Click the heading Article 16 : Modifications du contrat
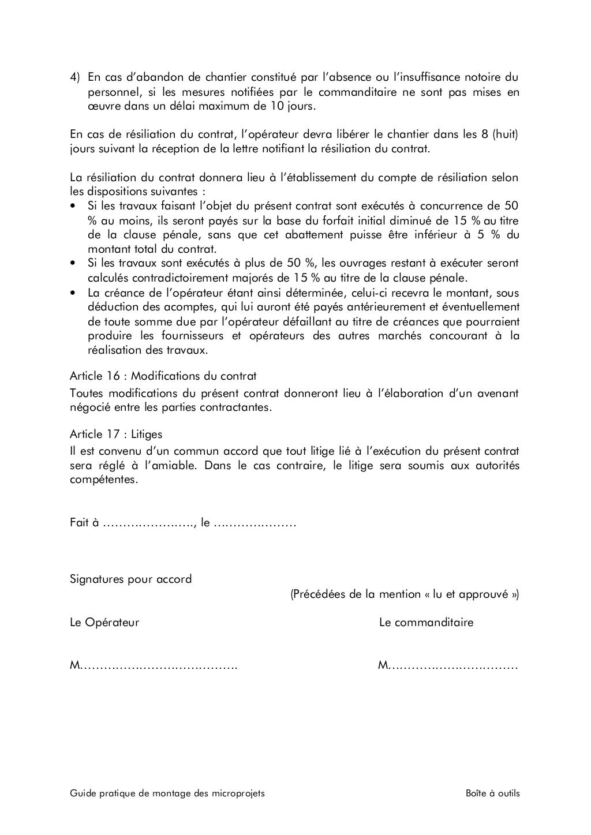(163, 376)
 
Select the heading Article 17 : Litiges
(116, 434)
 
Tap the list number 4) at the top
(74, 77)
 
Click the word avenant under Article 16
(497, 394)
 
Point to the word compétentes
(104, 480)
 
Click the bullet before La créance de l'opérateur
(73, 293)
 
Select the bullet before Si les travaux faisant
(73, 207)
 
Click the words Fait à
(84, 523)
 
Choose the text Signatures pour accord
(130, 579)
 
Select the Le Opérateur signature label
(104, 623)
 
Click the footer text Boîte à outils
(492, 793)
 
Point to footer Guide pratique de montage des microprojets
(167, 793)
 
